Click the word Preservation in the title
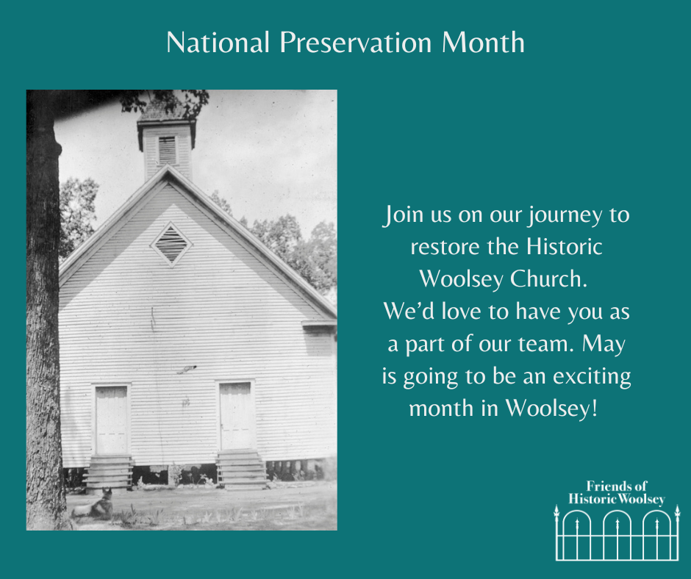(356, 43)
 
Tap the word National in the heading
(218, 43)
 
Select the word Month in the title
(483, 43)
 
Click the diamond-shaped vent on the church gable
(171, 245)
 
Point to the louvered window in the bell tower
(167, 150)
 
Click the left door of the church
(111, 420)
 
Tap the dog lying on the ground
(94, 504)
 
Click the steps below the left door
(108, 472)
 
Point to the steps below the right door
(242, 470)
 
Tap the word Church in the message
(548, 279)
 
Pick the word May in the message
(604, 345)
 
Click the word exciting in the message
(592, 377)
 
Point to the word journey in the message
(565, 216)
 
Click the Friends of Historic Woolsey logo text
(617, 492)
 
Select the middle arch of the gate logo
(617, 511)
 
